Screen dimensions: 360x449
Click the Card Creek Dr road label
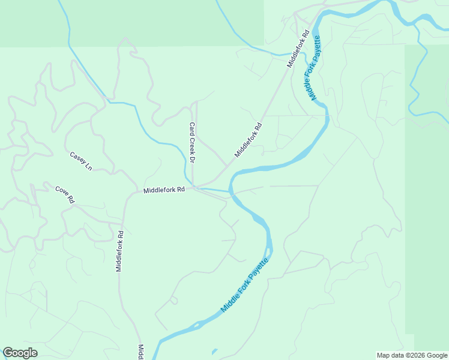click(193, 143)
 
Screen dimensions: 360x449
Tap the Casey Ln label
click(81, 160)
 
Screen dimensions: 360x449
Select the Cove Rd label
click(65, 194)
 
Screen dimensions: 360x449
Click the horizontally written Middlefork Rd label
click(164, 190)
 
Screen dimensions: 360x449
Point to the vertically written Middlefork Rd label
click(119, 251)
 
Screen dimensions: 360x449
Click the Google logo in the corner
click(20, 353)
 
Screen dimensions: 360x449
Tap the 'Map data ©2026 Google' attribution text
click(412, 355)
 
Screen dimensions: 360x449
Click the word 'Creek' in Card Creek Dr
click(193, 145)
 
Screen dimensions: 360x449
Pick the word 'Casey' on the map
click(77, 158)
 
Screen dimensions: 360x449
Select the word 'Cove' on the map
click(61, 191)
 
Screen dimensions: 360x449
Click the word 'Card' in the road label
click(192, 129)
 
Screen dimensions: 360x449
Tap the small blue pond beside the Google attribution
click(214, 352)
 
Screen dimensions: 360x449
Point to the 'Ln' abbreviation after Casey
click(88, 165)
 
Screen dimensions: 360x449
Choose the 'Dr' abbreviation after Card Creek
click(193, 160)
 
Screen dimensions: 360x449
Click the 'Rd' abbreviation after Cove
click(70, 199)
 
